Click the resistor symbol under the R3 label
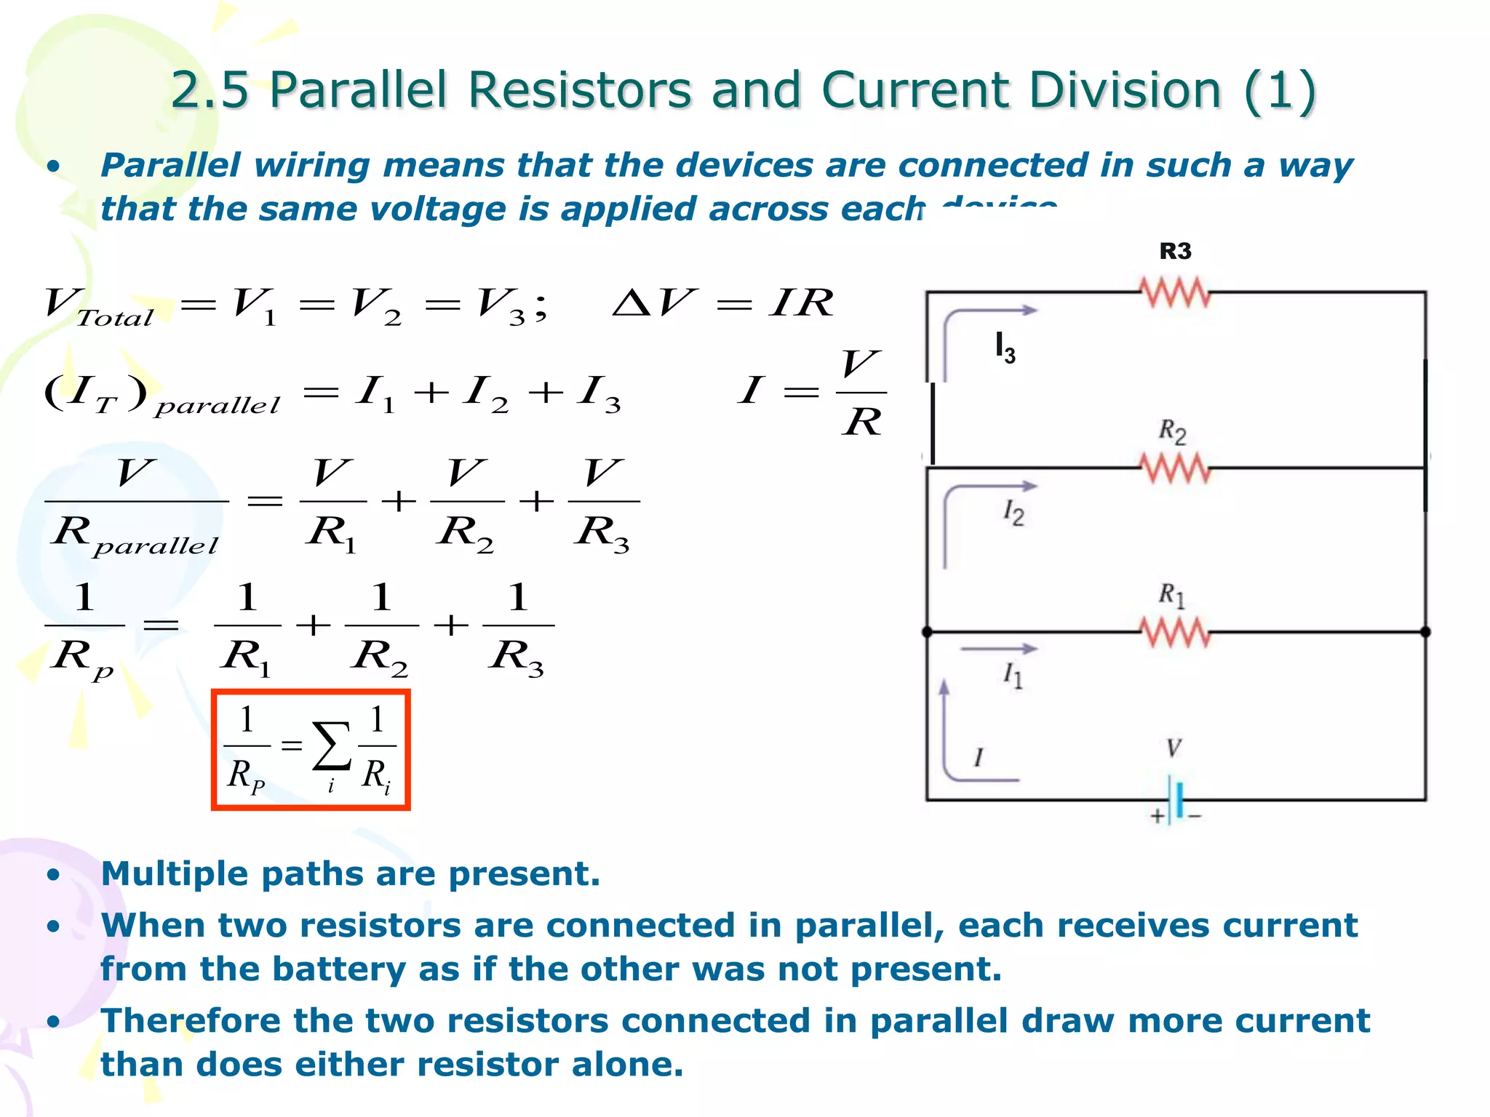tap(1175, 292)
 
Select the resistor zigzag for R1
tap(1175, 631)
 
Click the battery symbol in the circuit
tap(1176, 800)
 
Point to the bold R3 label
tap(1175, 252)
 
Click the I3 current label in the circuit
tap(1005, 347)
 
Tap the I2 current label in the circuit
tap(1013, 513)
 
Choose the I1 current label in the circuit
tap(1013, 676)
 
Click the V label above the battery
tap(1174, 748)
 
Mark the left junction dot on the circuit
tap(928, 632)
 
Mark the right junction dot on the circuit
tap(1425, 632)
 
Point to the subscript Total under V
tap(115, 318)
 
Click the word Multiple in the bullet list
tap(174, 873)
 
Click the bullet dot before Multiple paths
tap(53, 875)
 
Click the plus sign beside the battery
tap(1157, 816)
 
